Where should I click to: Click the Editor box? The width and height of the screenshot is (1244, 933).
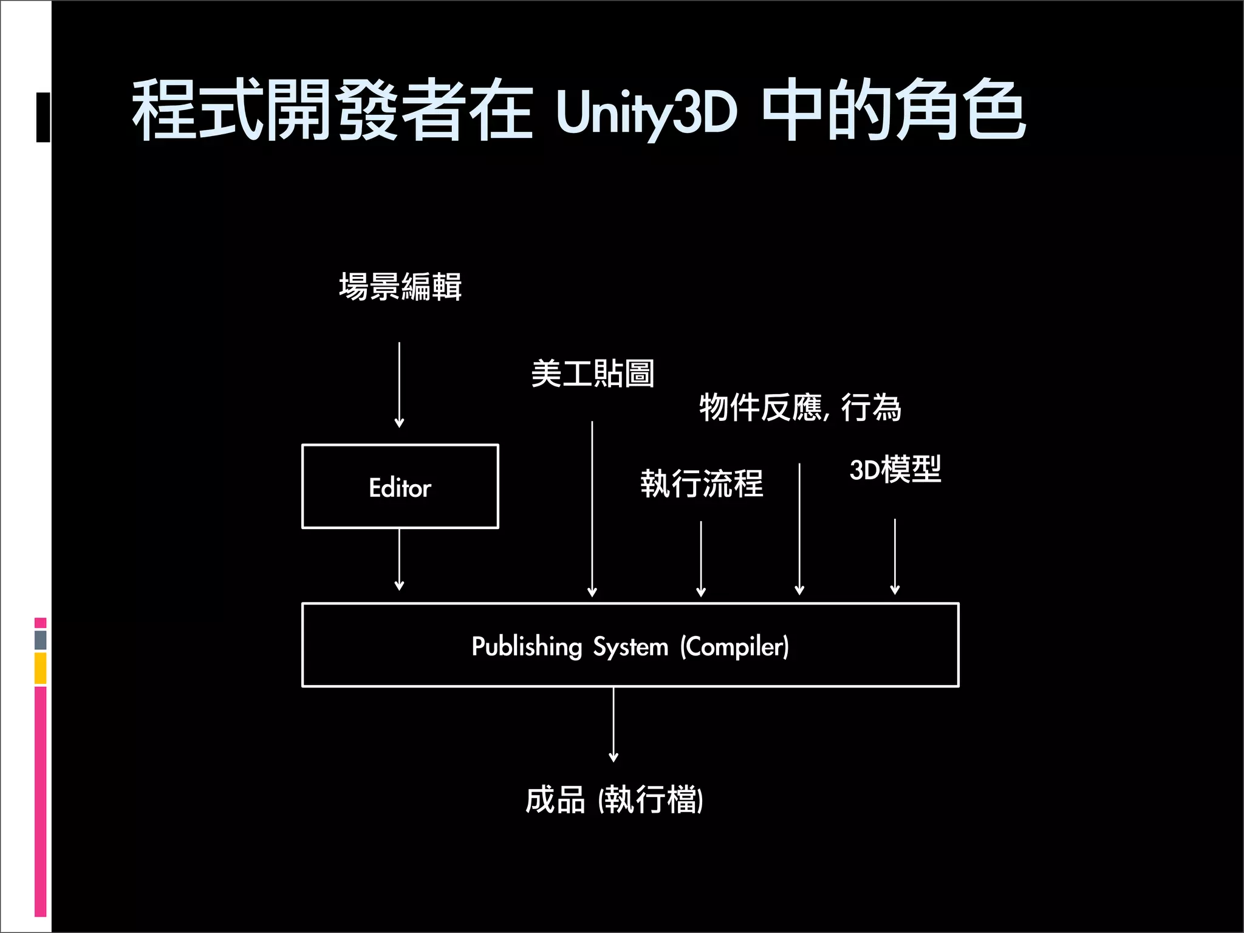(x=400, y=487)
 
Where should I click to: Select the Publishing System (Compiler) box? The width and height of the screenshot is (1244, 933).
(x=630, y=644)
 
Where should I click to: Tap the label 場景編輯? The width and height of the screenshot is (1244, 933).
(x=400, y=287)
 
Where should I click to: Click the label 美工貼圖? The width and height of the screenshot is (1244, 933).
(x=592, y=373)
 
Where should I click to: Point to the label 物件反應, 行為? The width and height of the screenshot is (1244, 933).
(x=800, y=407)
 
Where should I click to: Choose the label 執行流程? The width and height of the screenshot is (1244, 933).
(x=702, y=484)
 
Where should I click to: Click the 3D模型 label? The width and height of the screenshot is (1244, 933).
(x=895, y=470)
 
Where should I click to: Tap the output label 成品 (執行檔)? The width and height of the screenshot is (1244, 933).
(x=614, y=799)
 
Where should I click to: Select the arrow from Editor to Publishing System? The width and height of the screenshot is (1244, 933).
(x=399, y=559)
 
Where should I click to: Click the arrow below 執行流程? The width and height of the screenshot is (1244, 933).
(x=701, y=559)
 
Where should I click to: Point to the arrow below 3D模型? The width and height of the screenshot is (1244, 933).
(x=895, y=556)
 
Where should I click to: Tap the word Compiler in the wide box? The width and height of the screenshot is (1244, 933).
(x=734, y=646)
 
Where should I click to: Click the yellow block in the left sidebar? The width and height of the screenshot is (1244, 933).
(x=41, y=668)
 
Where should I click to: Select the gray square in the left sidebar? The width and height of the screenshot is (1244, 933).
(x=41, y=640)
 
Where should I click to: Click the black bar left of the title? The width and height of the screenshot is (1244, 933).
(x=43, y=117)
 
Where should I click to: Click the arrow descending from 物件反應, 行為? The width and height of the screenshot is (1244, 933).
(x=799, y=528)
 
